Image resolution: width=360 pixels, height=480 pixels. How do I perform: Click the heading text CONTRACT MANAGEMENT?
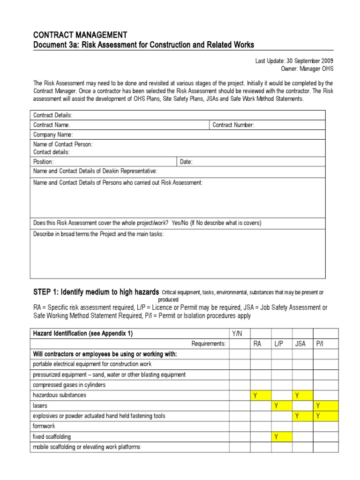[x=80, y=35]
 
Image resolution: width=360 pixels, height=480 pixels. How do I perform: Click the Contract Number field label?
[x=233, y=125]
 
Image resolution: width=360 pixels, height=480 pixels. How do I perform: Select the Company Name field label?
[x=53, y=135]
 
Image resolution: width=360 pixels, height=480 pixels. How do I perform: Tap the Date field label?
[x=186, y=162]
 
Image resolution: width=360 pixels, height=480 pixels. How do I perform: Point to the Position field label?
[x=44, y=162]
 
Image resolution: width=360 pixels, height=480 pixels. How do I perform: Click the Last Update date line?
[x=294, y=61]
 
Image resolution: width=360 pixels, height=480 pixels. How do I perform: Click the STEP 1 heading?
[x=96, y=292]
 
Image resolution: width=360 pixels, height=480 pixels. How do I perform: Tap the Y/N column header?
[x=239, y=333]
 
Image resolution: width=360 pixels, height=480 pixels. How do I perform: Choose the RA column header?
[x=257, y=344]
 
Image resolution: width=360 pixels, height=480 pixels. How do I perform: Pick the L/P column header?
[x=279, y=344]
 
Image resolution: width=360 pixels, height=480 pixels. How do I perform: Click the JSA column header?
[x=300, y=344]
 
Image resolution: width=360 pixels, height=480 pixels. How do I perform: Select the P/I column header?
[x=320, y=344]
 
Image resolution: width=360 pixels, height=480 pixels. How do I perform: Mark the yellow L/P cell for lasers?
[x=282, y=405]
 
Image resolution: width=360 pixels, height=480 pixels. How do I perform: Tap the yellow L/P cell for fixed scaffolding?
[x=282, y=437]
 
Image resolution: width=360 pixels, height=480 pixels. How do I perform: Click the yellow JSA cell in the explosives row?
[x=303, y=416]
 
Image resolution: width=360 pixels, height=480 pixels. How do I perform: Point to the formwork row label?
[x=44, y=427]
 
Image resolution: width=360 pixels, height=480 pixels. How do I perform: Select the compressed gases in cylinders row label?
[x=69, y=385]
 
